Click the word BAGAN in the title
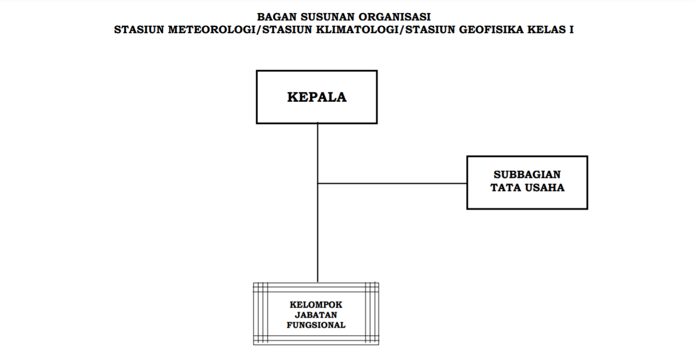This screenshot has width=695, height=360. tap(277, 17)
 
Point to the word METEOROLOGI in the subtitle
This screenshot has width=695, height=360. tap(213, 30)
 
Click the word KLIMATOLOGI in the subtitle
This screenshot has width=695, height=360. tap(357, 30)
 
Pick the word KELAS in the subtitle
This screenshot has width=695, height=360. tap(547, 30)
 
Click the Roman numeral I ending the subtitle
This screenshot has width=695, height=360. tap(571, 30)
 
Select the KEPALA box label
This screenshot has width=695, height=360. tap(317, 97)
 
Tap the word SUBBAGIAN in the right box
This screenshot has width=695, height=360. tap(527, 175)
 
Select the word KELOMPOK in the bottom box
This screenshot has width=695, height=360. tap(316, 305)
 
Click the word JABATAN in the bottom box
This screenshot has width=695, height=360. tap(316, 315)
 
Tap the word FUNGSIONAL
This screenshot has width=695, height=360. tap(316, 325)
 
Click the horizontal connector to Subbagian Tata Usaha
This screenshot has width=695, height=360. tap(392, 183)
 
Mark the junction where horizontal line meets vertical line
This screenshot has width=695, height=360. tap(318, 183)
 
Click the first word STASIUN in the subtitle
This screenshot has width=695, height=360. tap(139, 30)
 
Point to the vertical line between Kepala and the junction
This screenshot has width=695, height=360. tap(318, 153)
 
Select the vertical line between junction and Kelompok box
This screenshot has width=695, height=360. tap(318, 233)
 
